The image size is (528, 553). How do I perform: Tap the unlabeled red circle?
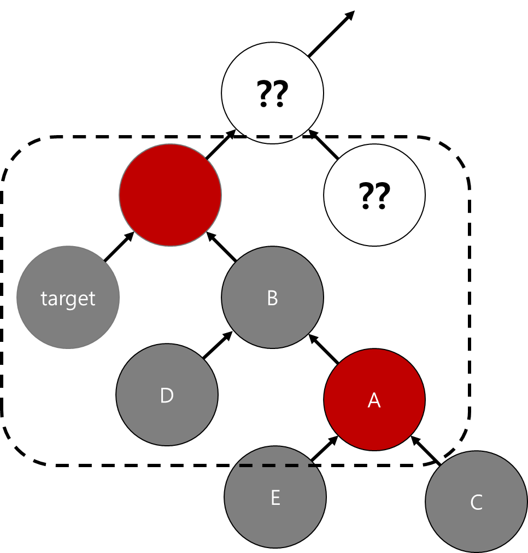coord(171,195)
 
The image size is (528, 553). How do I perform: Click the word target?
coord(68,299)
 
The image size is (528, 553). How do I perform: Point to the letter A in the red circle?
coord(374,400)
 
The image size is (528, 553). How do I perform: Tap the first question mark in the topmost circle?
coord(265,94)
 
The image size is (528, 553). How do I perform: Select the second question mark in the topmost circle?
coord(280,94)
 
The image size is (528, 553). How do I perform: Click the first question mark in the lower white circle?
coord(366,196)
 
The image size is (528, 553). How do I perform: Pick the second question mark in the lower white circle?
coord(383,196)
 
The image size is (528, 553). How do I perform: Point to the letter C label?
coord(476,503)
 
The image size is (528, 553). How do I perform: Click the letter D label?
coord(167,396)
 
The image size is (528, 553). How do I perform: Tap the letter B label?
coord(272,298)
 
